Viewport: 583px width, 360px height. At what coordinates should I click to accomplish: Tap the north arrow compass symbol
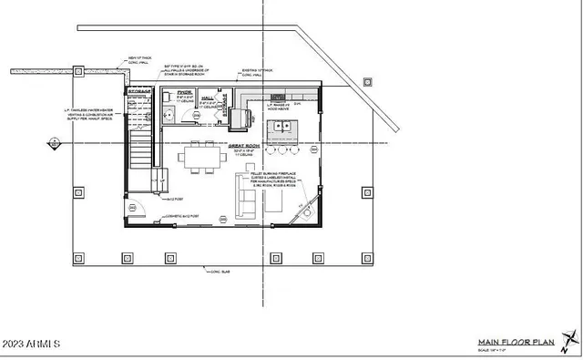(571, 343)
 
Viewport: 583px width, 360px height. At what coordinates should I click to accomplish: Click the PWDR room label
(184, 92)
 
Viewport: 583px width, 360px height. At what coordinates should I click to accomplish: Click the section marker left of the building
(54, 143)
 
